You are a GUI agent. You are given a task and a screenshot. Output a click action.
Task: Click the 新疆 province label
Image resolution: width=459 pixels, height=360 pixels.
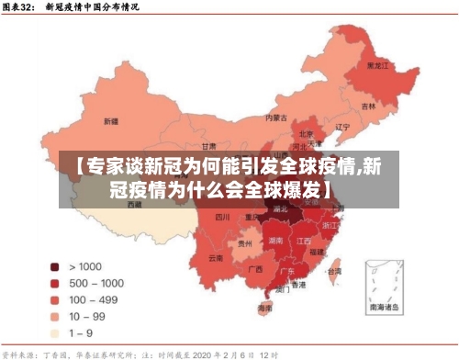pos(111,120)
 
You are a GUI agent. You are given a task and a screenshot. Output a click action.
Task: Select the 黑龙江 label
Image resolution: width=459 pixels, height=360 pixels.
pos(377,66)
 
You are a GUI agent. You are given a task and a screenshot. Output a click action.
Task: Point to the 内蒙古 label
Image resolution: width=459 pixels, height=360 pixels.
pos(276,118)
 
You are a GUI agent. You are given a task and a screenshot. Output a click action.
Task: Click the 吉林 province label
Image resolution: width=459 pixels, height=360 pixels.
pos(368,106)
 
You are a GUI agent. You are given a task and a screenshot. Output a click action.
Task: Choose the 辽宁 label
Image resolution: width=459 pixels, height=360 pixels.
pos(342,127)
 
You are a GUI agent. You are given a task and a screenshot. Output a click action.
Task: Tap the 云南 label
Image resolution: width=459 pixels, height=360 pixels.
pos(216,258)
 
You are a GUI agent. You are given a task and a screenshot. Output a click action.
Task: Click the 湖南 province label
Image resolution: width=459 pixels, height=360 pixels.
pos(274,240)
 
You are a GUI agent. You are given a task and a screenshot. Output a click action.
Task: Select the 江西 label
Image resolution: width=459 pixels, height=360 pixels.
pos(304,240)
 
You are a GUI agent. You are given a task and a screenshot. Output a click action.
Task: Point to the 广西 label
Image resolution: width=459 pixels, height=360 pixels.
pos(255,269)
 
